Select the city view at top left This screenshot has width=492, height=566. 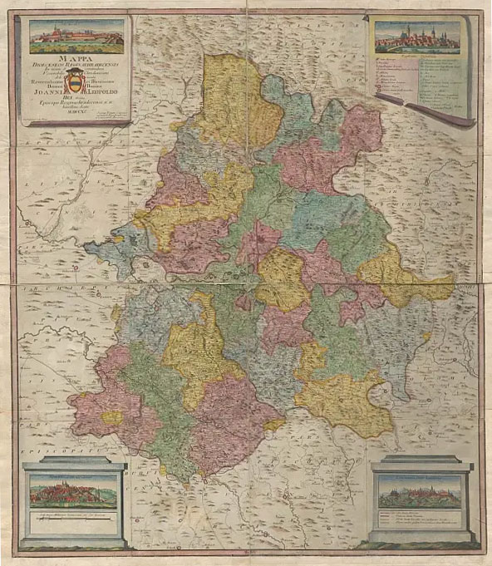click(x=76, y=34)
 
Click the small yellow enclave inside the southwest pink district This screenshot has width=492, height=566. click(x=111, y=416)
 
